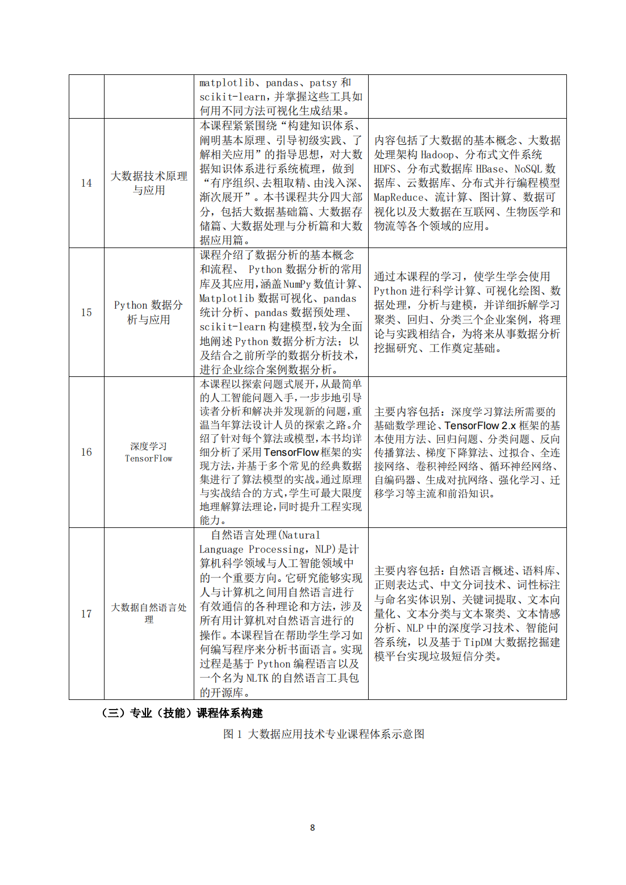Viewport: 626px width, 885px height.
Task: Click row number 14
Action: point(86,183)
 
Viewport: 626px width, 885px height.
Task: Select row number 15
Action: point(86,312)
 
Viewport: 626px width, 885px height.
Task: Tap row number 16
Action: point(86,452)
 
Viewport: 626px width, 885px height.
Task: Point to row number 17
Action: point(86,614)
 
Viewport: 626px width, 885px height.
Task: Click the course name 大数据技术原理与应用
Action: point(149,183)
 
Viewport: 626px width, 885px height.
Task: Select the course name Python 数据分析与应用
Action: point(149,312)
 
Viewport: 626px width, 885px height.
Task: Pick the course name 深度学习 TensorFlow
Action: point(149,452)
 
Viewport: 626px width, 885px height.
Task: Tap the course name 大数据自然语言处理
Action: point(149,613)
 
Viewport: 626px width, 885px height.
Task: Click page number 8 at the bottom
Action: point(312,828)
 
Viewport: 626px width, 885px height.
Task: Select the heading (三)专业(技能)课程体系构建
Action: point(182,713)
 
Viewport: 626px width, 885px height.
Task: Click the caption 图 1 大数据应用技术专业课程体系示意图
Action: point(324,734)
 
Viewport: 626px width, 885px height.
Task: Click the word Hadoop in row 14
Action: point(437,154)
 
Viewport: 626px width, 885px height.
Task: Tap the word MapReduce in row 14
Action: point(399,198)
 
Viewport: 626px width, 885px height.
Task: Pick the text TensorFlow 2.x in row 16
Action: point(480,425)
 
